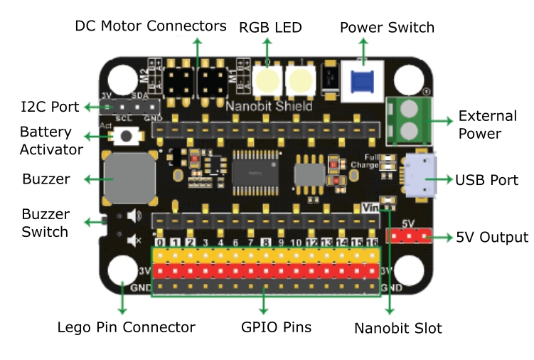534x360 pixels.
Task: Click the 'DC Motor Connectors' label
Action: tap(151, 26)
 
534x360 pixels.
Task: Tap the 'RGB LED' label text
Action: tap(270, 28)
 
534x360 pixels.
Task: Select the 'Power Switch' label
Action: tap(387, 28)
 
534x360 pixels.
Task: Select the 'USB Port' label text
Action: tap(486, 180)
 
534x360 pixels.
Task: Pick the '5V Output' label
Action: tap(492, 237)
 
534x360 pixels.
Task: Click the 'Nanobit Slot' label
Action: tap(398, 328)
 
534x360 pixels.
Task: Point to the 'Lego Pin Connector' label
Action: tap(126, 328)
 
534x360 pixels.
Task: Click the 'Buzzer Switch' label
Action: tap(46, 223)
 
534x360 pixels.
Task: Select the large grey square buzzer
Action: tap(129, 177)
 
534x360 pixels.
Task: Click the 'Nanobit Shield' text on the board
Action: tap(269, 107)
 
